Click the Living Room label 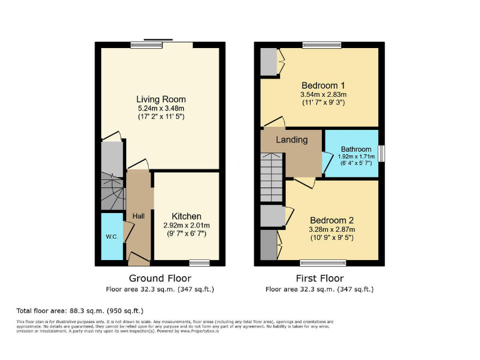pos(161,99)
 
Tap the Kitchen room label pos(187,216)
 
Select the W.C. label pos(112,237)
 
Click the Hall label pos(139,216)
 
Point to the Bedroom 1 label pos(323,86)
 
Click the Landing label pos(292,140)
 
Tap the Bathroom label pos(356,149)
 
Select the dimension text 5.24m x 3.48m pos(161,108)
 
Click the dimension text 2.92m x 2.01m pos(187,225)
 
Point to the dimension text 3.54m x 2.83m pos(323,94)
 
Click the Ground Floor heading pos(160,278)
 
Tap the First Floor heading pos(319,278)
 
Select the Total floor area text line pos(79,311)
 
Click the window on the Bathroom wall pos(381,154)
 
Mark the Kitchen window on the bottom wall pos(199,262)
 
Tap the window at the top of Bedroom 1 pos(321,45)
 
